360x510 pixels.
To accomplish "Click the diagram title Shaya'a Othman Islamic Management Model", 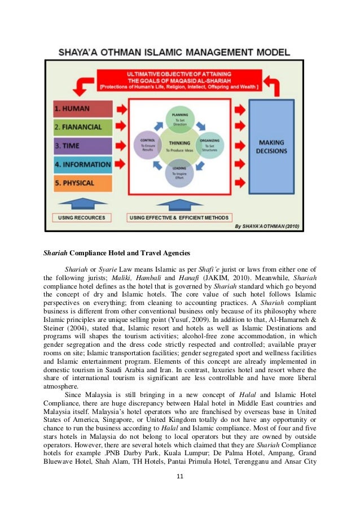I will [x=174, y=53].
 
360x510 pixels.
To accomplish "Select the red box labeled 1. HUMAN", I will [x=83, y=108].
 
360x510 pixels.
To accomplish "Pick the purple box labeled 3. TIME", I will [x=83, y=145].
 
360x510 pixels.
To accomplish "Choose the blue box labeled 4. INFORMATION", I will [x=83, y=164].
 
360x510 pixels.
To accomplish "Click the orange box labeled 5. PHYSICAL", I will [x=83, y=183].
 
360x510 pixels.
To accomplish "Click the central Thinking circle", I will [x=179, y=145].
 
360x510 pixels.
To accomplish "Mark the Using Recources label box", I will [x=83, y=217].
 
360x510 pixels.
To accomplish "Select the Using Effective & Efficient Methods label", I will [x=179, y=217].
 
